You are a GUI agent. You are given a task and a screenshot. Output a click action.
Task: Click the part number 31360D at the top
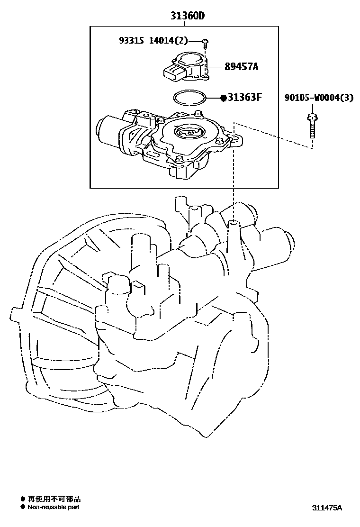coord(188,17)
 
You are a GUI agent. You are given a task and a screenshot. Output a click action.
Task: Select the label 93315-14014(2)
coord(153,41)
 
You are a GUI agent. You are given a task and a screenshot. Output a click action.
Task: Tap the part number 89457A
coord(242,67)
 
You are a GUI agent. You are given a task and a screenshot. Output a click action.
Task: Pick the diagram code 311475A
coord(326,508)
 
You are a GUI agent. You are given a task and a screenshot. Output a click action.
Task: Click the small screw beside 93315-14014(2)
coord(204,44)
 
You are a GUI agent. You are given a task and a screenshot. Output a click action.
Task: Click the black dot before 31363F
coord(223,98)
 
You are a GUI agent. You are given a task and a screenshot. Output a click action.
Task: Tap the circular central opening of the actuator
coord(189,132)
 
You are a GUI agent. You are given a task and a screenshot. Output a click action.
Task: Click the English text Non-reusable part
coord(53,507)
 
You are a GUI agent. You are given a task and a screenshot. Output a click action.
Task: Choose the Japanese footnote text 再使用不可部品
coord(54,499)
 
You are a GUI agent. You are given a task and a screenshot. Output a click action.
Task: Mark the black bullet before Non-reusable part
coord(22,507)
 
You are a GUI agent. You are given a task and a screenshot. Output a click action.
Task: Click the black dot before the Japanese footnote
coord(22,499)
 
